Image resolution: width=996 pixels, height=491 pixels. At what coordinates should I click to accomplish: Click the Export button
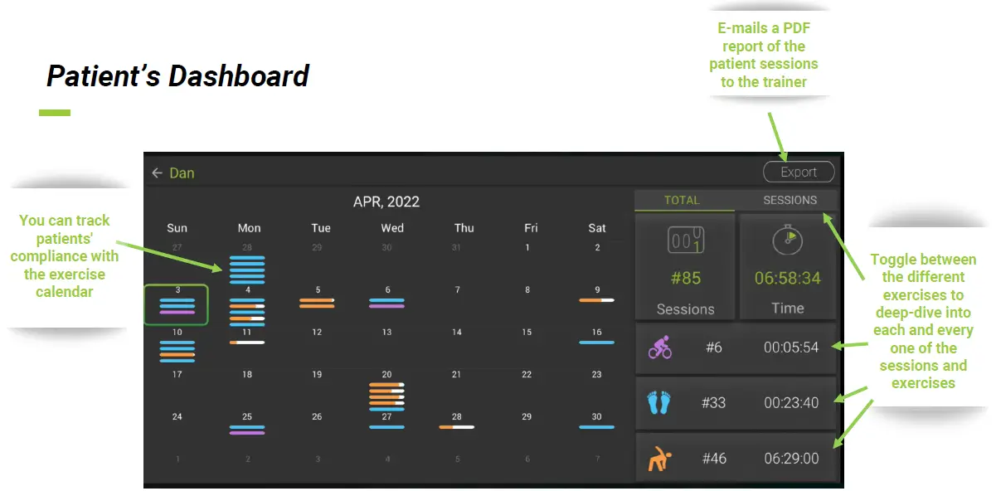coord(799,172)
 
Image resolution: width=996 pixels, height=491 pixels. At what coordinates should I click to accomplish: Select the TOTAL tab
coord(682,200)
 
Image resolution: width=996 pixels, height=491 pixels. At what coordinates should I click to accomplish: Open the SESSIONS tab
coord(790,200)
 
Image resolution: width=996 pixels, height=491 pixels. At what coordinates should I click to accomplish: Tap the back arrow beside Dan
coord(157,173)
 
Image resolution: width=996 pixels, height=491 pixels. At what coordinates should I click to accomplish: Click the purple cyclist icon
coord(660,347)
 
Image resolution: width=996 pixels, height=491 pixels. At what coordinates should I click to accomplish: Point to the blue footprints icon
coord(659,402)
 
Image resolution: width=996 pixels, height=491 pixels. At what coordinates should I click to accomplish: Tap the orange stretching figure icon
coord(659,458)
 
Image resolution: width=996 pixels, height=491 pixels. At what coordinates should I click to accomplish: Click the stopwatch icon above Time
coord(787,240)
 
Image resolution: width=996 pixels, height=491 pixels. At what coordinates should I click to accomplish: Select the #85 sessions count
coord(685,278)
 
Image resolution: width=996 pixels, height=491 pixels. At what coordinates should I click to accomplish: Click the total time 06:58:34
coord(787,278)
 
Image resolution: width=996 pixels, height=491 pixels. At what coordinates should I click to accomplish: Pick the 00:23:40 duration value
coord(790,402)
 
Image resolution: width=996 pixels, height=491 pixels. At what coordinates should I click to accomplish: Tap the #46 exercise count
coord(713,458)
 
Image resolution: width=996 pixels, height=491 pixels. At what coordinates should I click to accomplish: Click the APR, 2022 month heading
coord(386,202)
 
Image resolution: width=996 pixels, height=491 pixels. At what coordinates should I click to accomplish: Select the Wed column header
coord(392,228)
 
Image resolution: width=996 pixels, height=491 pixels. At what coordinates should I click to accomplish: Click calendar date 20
coord(386,375)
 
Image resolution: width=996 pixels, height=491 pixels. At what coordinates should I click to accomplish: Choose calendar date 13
coord(386,332)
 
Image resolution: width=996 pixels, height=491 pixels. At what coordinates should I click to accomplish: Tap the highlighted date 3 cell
coord(176,304)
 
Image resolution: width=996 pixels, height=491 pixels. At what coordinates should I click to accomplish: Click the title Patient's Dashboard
coord(177,76)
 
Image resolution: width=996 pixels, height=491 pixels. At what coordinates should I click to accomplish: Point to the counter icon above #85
coord(685,241)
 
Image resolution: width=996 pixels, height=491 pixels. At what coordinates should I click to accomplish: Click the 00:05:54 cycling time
coord(790,347)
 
